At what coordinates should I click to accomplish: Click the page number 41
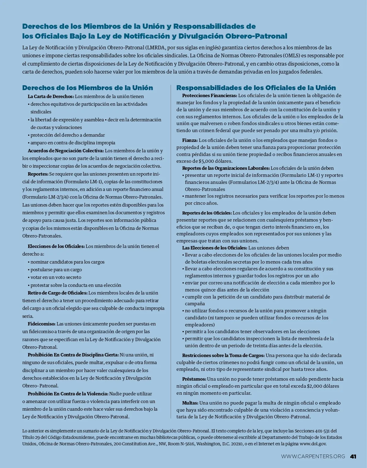(x=353, y=456)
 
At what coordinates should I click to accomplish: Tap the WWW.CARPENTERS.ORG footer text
(x=313, y=456)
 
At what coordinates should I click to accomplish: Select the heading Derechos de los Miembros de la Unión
(x=87, y=88)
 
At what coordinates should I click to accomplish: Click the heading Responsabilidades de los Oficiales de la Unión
(x=256, y=88)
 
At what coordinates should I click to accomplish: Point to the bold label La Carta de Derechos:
(x=51, y=96)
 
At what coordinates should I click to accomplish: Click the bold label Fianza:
(x=190, y=140)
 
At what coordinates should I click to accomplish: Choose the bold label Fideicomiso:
(x=42, y=324)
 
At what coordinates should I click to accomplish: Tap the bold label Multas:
(x=190, y=403)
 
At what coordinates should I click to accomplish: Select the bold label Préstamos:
(x=194, y=379)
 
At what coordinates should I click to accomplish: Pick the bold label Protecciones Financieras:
(x=209, y=96)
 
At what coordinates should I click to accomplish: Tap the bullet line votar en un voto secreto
(x=56, y=277)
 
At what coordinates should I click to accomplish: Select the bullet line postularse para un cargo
(x=56, y=269)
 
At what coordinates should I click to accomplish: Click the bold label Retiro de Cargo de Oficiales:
(x=57, y=293)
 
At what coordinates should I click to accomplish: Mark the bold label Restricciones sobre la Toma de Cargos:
(x=223, y=355)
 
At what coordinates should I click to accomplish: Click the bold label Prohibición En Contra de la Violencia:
(x=68, y=394)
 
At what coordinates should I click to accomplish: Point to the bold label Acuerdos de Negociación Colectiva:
(x=66, y=150)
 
